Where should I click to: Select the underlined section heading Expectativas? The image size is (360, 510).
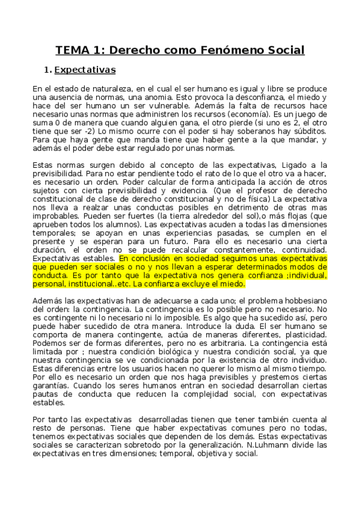point(85,70)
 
